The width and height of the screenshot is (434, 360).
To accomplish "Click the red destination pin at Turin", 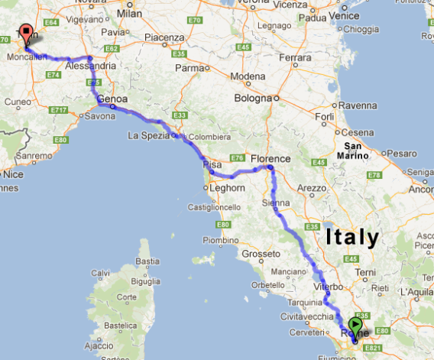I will coord(27,34).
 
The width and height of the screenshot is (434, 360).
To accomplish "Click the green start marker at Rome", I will coord(356,325).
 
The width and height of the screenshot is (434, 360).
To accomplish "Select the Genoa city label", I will coord(111,99).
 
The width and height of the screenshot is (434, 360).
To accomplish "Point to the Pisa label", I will coord(212,164).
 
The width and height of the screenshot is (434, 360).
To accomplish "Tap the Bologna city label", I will coord(252,98).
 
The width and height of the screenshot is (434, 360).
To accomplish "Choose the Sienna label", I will coord(275,203).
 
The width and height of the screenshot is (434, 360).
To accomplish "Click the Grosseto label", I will coord(257,253).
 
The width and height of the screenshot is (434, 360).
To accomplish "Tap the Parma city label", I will coord(189,66).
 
